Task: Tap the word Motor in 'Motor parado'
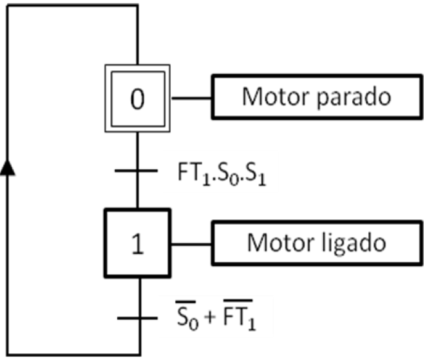[276, 96]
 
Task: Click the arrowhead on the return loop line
[7, 167]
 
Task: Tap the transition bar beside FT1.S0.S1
[136, 170]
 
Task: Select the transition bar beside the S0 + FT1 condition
[138, 318]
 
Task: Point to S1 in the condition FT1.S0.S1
[255, 175]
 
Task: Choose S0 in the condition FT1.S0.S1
[228, 175]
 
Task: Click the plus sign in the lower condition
[210, 317]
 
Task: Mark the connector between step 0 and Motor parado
[192, 98]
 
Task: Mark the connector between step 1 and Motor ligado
[191, 244]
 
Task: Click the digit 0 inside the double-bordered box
[138, 99]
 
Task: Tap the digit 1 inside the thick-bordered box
[138, 243]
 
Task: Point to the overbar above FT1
[237, 300]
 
